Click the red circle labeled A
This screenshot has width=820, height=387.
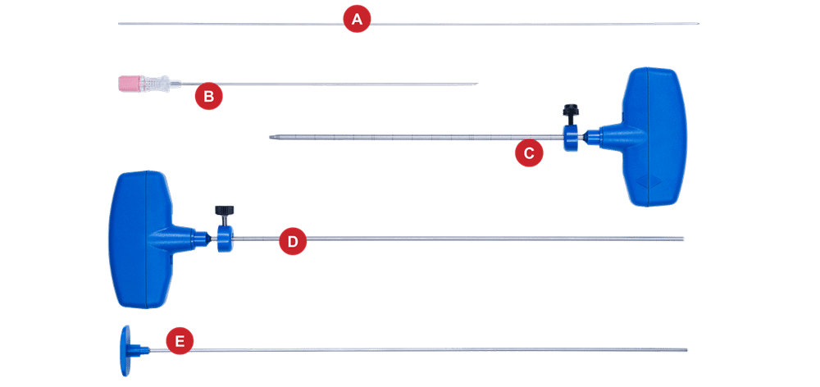pos(357,20)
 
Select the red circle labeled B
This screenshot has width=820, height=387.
pos(208,97)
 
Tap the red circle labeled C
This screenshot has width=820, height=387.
pos(529,153)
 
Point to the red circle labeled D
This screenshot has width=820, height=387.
pos(292,242)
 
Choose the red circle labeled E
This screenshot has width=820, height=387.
pos(180,340)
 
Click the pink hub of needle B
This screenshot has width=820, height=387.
pos(130,82)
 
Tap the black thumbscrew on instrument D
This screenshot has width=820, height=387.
pos(223,211)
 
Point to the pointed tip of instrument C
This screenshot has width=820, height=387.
pos(271,138)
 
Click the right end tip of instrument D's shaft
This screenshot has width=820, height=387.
pos(684,239)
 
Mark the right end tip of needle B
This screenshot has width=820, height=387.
pos(478,84)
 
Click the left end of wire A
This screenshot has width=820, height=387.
pos(120,24)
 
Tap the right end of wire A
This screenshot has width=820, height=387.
pos(699,24)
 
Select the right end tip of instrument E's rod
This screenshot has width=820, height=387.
pos(687,350)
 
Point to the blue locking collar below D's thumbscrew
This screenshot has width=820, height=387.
pos(223,239)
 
